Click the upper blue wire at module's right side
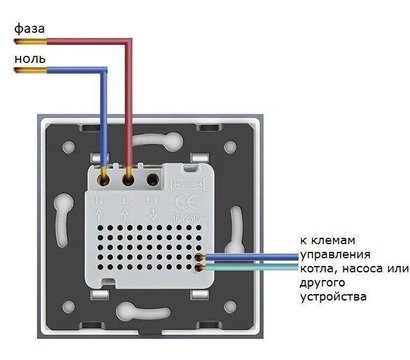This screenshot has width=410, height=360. [245, 258]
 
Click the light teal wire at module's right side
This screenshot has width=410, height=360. [245, 267]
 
